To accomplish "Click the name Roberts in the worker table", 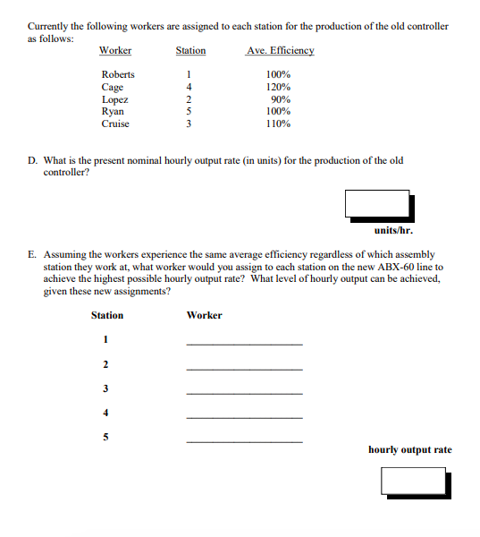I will coord(117,74).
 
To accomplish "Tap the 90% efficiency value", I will coord(279,99).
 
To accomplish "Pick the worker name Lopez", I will coord(114,99).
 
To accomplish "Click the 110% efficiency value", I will coord(279,124).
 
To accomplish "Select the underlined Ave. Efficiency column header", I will coord(280,50).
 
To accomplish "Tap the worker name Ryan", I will coord(113,111).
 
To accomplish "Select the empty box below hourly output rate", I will coord(415,481).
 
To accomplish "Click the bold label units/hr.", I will coord(392,229).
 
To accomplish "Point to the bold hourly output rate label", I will coord(409,449).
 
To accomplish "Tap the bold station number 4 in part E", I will coord(105,413).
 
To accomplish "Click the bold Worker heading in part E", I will coord(204,315).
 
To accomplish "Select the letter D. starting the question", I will coord(32,161).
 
